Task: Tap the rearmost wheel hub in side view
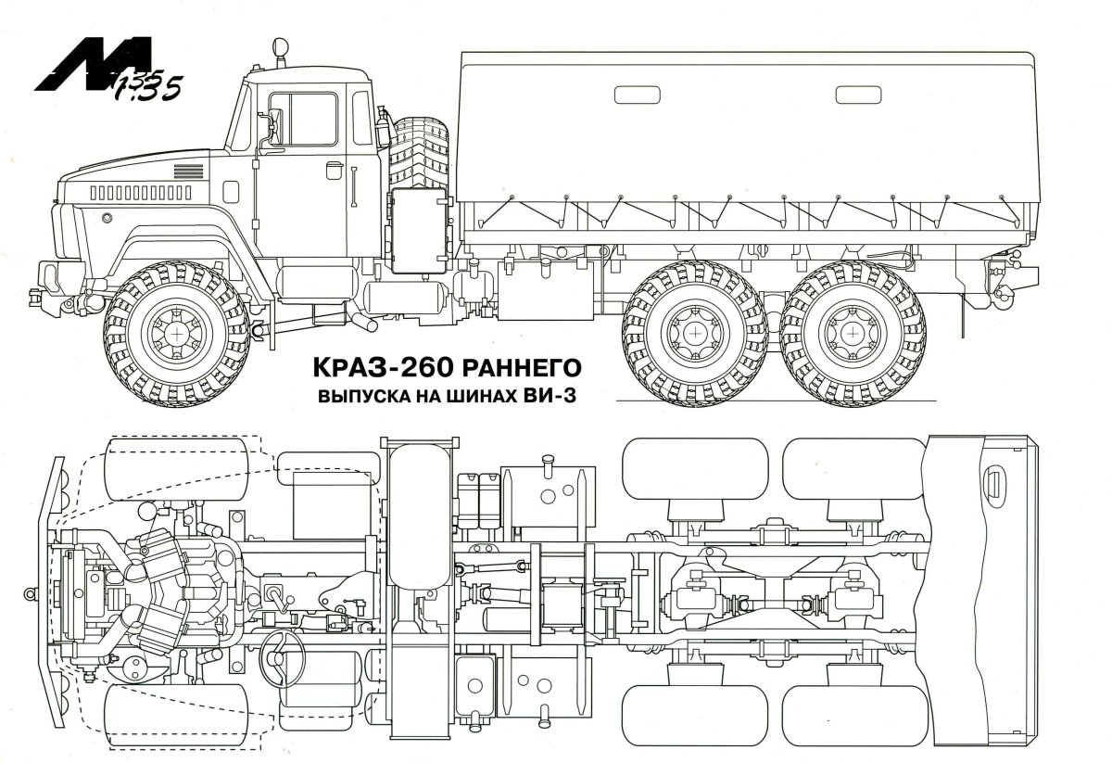pos(850,331)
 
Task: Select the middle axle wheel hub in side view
pos(691,331)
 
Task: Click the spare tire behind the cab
pos(419,153)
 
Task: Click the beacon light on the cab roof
pos(279,52)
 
